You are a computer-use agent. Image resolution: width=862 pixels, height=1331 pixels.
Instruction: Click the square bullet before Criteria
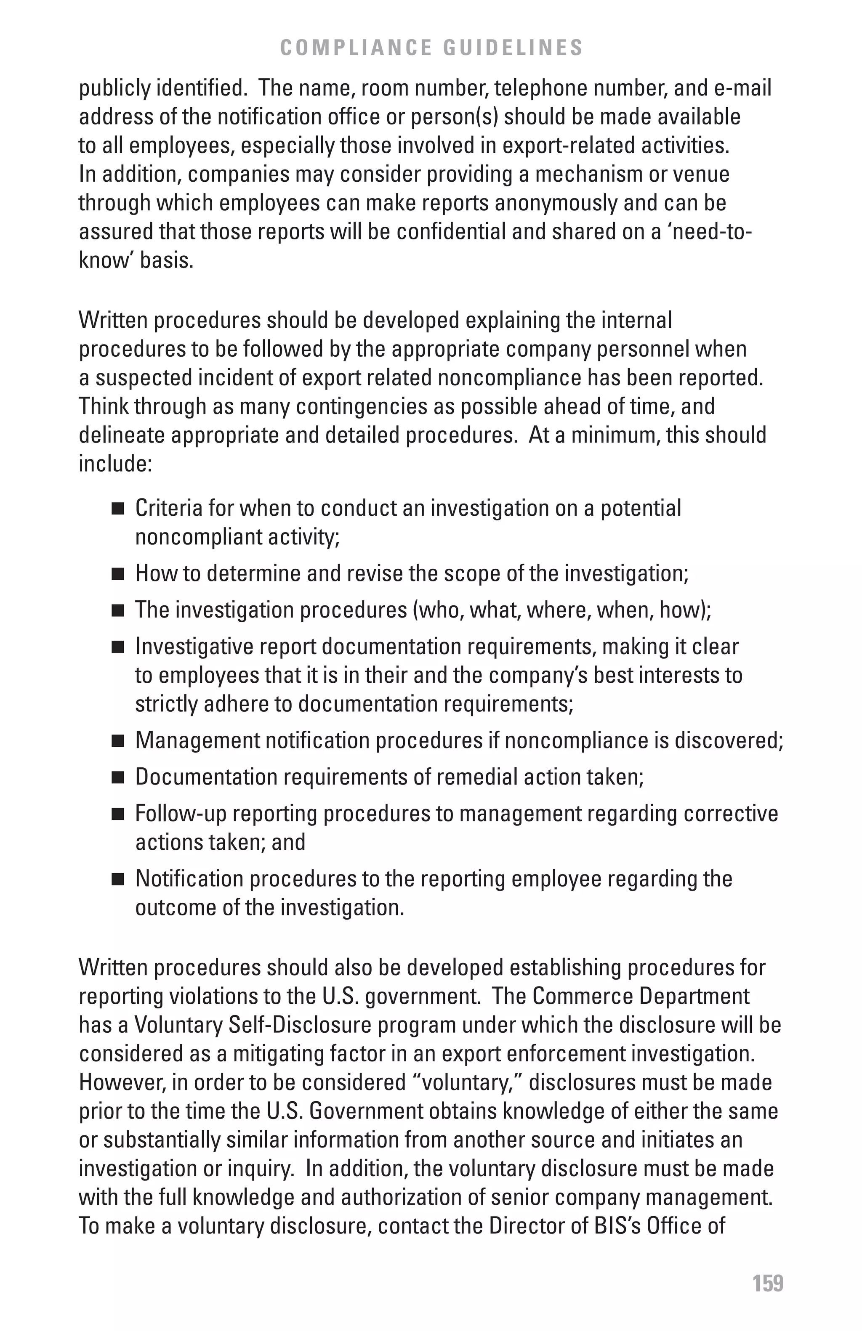[x=117, y=509]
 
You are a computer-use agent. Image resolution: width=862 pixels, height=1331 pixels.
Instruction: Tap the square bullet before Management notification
[x=117, y=742]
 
